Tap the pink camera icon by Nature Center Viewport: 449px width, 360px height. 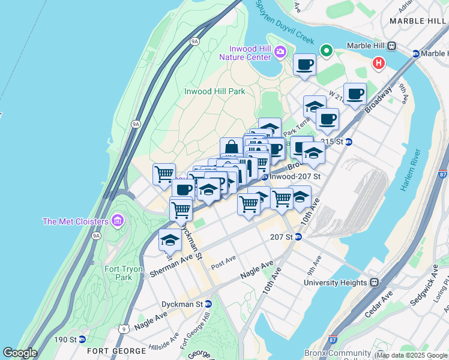(x=280, y=53)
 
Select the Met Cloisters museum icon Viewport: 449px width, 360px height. (x=116, y=221)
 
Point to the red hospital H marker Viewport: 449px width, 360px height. (x=379, y=62)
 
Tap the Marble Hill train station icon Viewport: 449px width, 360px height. (x=392, y=46)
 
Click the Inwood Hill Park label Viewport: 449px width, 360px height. (x=215, y=91)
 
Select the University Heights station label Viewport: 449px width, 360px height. (x=335, y=283)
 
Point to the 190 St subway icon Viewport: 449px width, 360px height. (x=82, y=340)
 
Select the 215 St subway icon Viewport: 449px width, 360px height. (x=348, y=142)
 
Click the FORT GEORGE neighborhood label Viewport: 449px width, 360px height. (x=116, y=350)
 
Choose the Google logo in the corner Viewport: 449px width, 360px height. (x=19, y=352)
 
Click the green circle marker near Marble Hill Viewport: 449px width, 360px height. (x=327, y=50)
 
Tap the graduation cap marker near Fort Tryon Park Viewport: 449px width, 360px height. (x=170, y=240)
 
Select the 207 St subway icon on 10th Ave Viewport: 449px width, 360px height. (x=298, y=236)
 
